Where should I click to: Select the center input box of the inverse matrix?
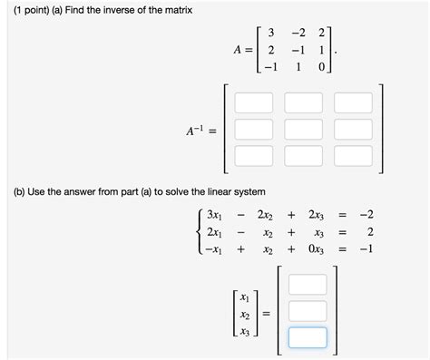pyautogui.click(x=304, y=128)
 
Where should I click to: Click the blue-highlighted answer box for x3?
pyautogui.click(x=307, y=337)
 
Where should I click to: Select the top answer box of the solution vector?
pyautogui.click(x=307, y=285)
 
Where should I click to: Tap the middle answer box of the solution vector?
pyautogui.click(x=307, y=311)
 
